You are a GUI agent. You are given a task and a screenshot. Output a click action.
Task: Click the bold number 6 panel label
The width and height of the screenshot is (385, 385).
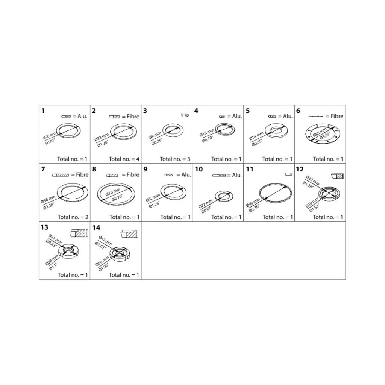pos(298,111)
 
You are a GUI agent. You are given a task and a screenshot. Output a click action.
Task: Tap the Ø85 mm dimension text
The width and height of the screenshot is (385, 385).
pos(320,132)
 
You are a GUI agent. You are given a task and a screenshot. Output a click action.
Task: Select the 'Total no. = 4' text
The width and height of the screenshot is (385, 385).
pos(124,159)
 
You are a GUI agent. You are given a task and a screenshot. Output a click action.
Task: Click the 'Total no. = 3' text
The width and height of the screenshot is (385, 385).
pos(175,159)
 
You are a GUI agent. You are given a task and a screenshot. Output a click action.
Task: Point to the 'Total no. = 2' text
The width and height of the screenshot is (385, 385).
pos(73,217)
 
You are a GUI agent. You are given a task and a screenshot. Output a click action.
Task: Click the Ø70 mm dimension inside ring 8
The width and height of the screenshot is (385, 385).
pos(113,192)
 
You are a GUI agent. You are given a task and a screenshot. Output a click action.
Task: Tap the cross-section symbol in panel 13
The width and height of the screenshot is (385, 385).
pos(79,233)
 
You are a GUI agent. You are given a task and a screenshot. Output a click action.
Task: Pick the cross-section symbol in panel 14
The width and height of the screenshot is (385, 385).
pos(130,234)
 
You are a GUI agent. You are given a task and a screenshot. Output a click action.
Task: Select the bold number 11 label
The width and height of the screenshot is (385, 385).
pos(250,169)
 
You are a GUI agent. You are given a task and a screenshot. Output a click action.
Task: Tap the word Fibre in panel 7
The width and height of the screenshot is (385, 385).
pos(82,174)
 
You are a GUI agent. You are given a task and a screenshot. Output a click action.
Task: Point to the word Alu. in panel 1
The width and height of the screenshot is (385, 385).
pos(82,116)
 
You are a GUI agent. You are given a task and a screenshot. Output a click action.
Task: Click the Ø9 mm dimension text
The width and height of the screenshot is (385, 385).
pos(155,135)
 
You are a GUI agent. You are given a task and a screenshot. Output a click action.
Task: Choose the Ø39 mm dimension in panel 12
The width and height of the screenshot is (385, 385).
pos(312,203)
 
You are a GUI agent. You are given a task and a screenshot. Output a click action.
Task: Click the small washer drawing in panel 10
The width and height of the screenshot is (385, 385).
pos(224,196)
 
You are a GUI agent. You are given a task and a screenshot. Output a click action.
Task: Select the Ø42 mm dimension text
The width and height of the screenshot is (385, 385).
pos(105,240)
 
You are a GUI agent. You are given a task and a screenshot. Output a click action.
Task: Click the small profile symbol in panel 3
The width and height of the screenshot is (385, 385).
pos(185,115)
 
